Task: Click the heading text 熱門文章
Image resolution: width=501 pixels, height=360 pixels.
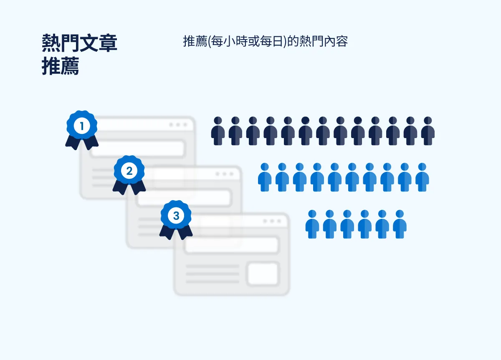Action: pyautogui.click(x=79, y=43)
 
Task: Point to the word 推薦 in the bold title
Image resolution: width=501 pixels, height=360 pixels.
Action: pyautogui.click(x=61, y=66)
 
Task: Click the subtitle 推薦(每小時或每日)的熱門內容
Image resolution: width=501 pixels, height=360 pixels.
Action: pyautogui.click(x=265, y=42)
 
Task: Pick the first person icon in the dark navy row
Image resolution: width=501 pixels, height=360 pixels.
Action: pyautogui.click(x=218, y=131)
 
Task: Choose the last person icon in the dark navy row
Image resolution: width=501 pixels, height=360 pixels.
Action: pyautogui.click(x=428, y=131)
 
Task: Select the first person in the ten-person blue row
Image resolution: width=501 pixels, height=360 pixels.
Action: pyautogui.click(x=265, y=177)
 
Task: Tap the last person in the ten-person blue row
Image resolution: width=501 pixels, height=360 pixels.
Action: pyautogui.click(x=422, y=177)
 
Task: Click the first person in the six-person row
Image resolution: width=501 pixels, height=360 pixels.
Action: pyautogui.click(x=312, y=224)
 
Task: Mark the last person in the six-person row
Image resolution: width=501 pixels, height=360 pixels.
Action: pyautogui.click(x=400, y=224)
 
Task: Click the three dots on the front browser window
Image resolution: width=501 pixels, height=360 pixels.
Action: pyautogui.click(x=273, y=221)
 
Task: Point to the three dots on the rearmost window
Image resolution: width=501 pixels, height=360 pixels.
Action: pyautogui.click(x=178, y=125)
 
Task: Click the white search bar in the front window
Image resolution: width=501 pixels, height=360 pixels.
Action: pyautogui.click(x=232, y=245)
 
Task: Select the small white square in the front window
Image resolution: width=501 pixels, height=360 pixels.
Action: pyautogui.click(x=263, y=274)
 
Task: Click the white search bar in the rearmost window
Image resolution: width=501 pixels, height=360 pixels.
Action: pyautogui.click(x=138, y=148)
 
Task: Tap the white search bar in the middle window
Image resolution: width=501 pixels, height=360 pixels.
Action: pyautogui.click(x=185, y=198)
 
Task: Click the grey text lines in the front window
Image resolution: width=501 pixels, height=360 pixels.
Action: pyautogui.click(x=213, y=274)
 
